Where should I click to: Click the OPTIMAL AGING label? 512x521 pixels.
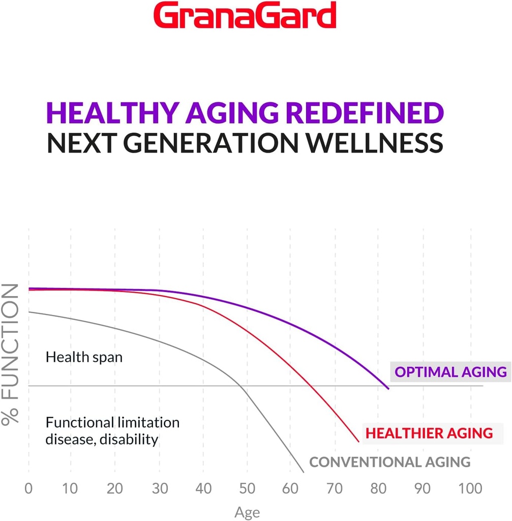pyautogui.click(x=450, y=372)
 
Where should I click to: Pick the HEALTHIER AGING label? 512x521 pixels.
pyautogui.click(x=429, y=433)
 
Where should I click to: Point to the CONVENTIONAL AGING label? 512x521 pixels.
pyautogui.click(x=390, y=462)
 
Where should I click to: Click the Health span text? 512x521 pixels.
pyautogui.click(x=84, y=357)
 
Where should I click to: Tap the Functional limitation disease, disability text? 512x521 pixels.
pyautogui.click(x=112, y=430)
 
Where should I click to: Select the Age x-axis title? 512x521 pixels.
pyautogui.click(x=247, y=512)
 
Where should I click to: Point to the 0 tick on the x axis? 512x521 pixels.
pyautogui.click(x=28, y=489)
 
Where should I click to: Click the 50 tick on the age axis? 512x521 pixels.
pyautogui.click(x=247, y=489)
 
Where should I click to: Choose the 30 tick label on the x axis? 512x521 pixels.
pyautogui.click(x=160, y=489)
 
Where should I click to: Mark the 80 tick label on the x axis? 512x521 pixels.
pyautogui.click(x=378, y=489)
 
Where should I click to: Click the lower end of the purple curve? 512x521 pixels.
pyautogui.click(x=388, y=389)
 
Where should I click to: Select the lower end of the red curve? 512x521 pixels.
pyautogui.click(x=359, y=441)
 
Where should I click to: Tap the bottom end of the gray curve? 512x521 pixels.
pyautogui.click(x=304, y=473)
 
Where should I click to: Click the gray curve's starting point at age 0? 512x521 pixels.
pyautogui.click(x=29, y=312)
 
